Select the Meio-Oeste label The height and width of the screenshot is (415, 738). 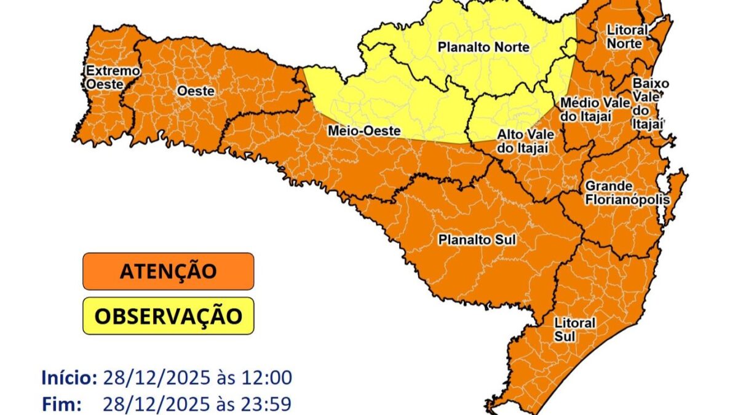click(364, 131)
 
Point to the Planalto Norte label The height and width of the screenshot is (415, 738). click(483, 47)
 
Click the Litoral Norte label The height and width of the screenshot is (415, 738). click(627, 37)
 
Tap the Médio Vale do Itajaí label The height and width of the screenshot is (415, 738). click(594, 109)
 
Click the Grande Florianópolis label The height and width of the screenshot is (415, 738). click(617, 192)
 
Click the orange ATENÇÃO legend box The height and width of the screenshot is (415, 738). click(168, 271)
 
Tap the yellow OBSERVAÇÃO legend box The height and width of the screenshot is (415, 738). click(168, 316)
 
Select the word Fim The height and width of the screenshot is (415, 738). click(62, 404)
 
